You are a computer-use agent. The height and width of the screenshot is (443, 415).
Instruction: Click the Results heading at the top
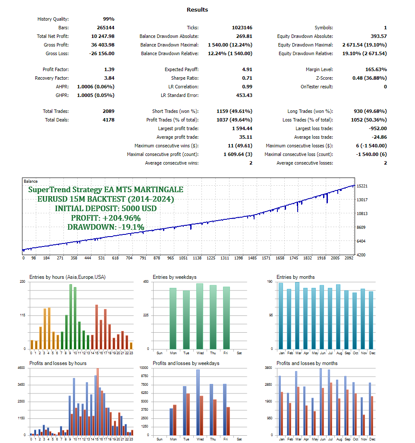[x=197, y=9]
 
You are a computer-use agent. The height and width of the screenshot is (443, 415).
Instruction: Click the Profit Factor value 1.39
[x=109, y=69]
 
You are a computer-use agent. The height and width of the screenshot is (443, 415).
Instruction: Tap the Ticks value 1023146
[x=242, y=28]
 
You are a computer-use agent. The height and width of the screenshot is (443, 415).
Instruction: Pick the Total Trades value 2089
[x=108, y=111]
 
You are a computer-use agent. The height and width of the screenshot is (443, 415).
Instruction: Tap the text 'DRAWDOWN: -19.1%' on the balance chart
[x=106, y=227]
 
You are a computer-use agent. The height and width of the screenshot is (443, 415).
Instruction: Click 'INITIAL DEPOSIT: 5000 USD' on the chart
[x=106, y=209]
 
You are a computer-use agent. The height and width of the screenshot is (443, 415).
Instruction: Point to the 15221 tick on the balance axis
[x=362, y=186]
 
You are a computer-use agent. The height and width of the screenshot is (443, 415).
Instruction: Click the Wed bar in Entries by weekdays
[x=200, y=317]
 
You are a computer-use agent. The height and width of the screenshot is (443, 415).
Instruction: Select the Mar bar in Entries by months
[x=297, y=316]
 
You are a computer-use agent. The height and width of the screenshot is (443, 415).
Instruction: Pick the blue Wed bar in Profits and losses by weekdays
[x=198, y=402]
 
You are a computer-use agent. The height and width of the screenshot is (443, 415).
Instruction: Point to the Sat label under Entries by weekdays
[x=239, y=353]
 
